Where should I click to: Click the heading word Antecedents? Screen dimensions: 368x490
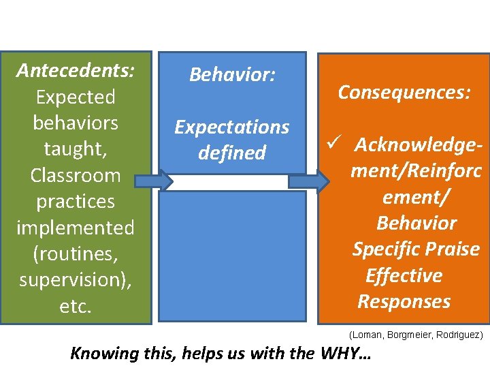point(76,70)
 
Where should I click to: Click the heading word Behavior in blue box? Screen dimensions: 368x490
point(232,74)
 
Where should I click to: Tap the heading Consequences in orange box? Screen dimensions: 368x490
point(404,92)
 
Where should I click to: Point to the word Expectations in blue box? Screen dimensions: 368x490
point(232,127)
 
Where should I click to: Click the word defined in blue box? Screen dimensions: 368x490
point(232,153)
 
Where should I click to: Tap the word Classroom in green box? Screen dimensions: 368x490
point(76,175)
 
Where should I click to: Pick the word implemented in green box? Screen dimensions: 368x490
point(76,228)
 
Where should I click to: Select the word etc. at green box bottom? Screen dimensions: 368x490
point(76,306)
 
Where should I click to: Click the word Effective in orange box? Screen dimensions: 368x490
point(404,275)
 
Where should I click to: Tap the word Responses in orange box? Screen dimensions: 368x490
point(404,301)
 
